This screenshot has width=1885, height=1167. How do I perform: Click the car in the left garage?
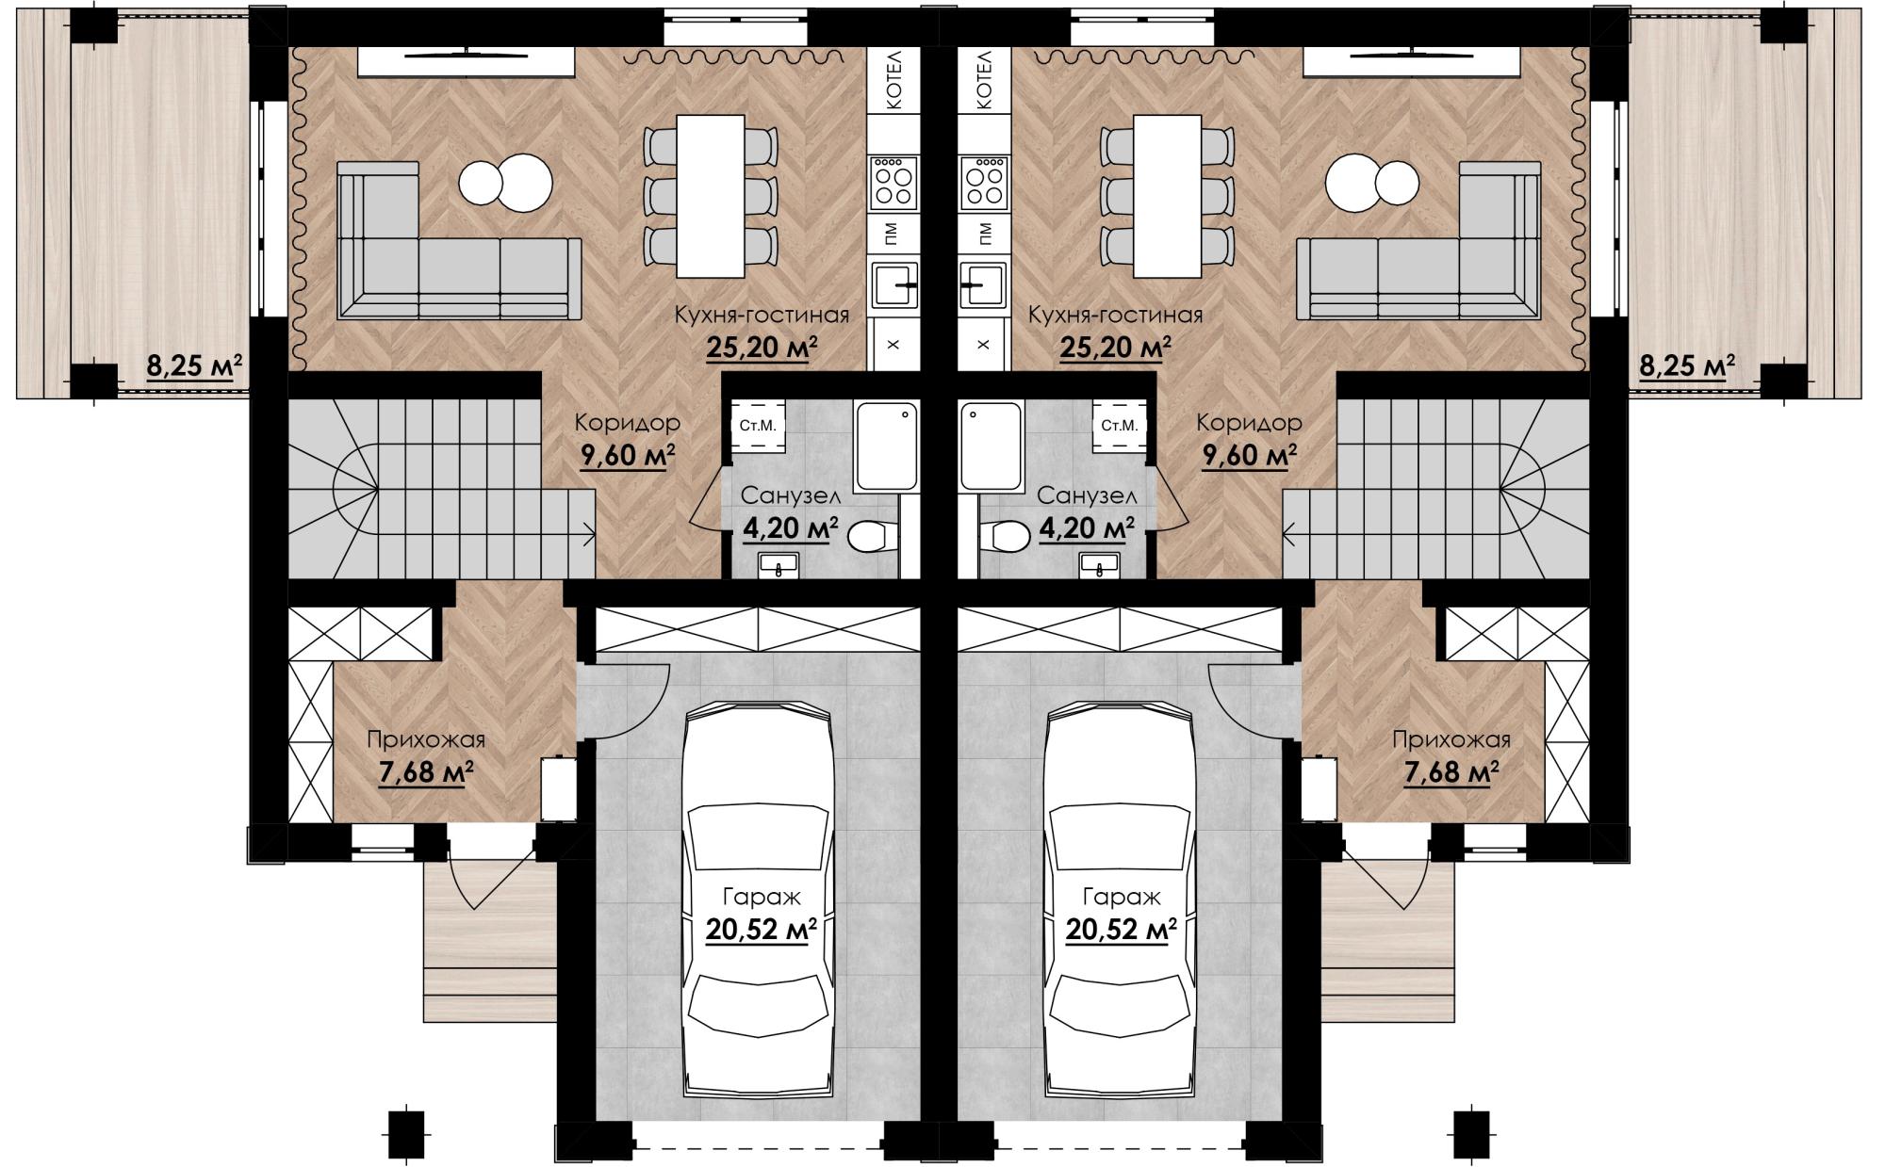point(758,900)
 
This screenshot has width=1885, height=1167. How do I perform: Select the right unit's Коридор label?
point(1249,423)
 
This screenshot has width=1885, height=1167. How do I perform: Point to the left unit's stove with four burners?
point(893,183)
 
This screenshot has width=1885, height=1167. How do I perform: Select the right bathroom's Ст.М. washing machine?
point(1119,426)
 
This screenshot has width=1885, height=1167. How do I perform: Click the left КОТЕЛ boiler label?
point(893,81)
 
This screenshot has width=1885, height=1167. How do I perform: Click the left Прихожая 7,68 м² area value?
point(426,773)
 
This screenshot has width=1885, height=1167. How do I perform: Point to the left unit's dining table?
point(711,196)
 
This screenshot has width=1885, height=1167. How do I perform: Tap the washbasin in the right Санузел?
point(1099,564)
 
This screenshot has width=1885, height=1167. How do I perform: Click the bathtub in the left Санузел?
point(885,446)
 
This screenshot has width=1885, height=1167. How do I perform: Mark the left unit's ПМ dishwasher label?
point(893,234)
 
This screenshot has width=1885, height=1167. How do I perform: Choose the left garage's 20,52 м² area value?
point(761,931)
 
